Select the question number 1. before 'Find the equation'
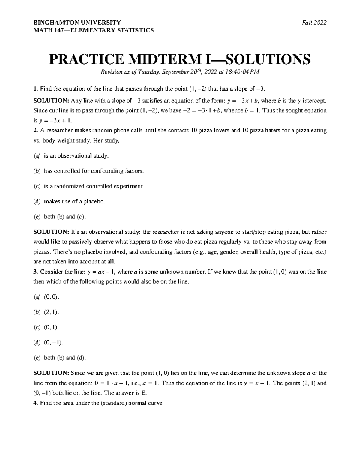tap(36, 89)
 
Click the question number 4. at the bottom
tap(36, 403)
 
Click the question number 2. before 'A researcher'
tap(36, 131)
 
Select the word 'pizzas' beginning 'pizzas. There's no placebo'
tap(41, 252)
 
